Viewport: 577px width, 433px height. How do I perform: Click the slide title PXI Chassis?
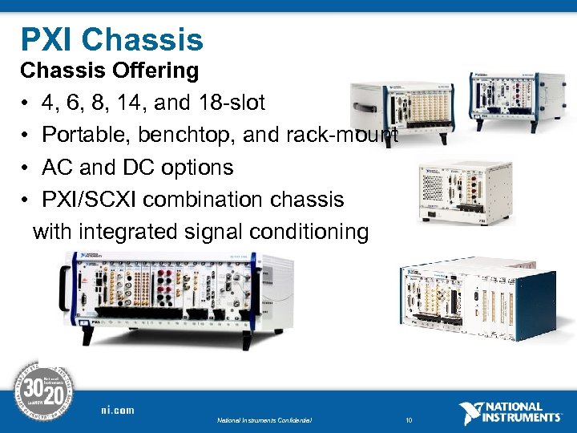pos(111,39)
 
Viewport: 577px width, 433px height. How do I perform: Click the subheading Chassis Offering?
pos(109,71)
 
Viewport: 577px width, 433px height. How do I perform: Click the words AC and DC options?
pos(137,168)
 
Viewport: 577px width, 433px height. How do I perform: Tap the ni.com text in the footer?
pos(117,410)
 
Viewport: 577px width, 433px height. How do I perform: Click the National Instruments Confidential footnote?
pos(264,419)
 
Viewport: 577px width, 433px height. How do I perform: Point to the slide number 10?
pos(410,419)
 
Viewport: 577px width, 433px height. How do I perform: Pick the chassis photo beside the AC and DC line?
pos(465,192)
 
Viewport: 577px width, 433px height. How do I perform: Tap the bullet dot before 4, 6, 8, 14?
pos(26,104)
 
